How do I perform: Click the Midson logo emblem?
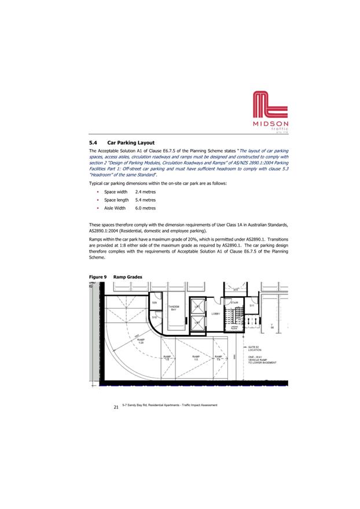(x=271, y=105)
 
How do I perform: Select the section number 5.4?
(x=93, y=142)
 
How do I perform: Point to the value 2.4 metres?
(x=145, y=191)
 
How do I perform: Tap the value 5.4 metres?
(x=145, y=200)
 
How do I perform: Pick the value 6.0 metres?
(x=145, y=208)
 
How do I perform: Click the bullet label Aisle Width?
(x=115, y=208)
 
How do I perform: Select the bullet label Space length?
(x=116, y=200)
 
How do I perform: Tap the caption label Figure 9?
(x=97, y=277)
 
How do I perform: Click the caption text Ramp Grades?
(x=127, y=277)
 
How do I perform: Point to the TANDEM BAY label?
(x=174, y=308)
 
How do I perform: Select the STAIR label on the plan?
(x=235, y=303)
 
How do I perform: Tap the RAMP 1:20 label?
(x=141, y=341)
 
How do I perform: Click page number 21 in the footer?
(x=116, y=408)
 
